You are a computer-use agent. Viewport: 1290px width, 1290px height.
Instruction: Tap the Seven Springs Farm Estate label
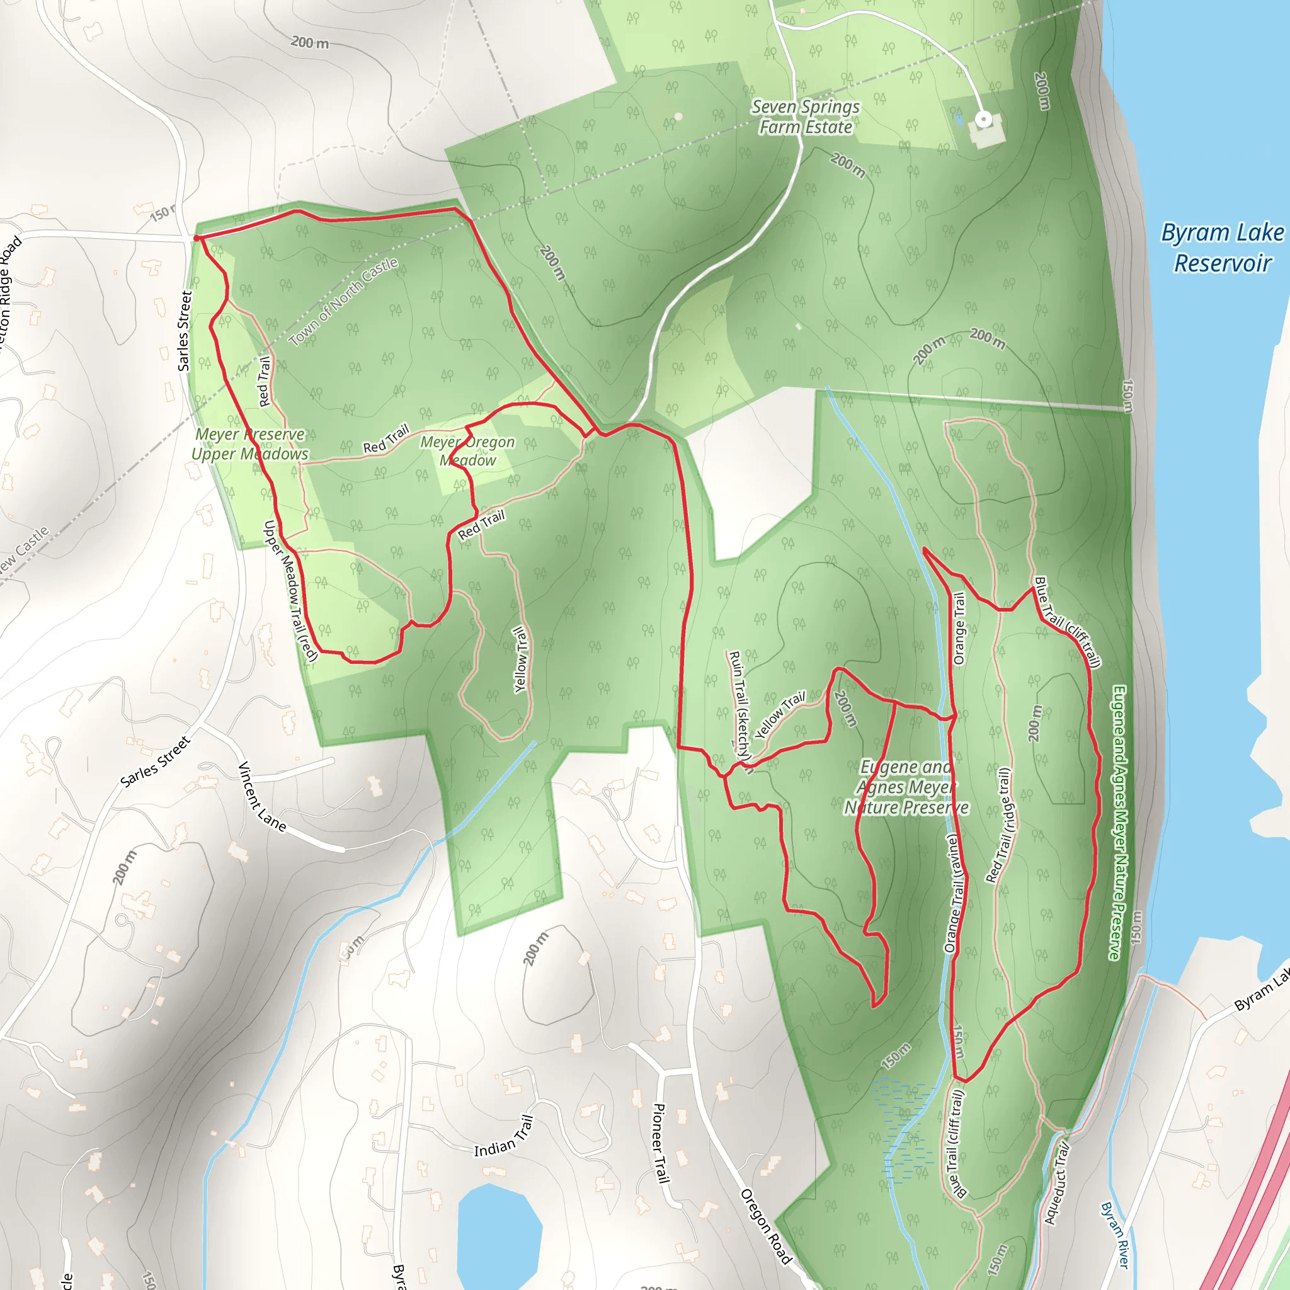805,117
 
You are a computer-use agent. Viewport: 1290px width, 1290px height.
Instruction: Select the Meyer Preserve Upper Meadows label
249,444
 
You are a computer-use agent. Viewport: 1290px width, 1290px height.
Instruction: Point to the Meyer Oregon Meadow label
467,451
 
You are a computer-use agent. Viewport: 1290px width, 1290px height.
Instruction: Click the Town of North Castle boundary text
343,302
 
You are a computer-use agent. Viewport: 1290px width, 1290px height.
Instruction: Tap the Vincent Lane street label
262,796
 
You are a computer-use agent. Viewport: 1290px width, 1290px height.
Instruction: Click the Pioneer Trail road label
659,1143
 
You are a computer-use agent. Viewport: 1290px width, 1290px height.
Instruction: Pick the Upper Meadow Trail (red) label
290,591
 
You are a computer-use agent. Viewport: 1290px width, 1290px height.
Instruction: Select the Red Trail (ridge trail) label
1000,825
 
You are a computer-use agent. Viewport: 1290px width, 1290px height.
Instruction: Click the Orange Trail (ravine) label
952,893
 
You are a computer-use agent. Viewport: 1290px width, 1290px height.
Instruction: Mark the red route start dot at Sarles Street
197,237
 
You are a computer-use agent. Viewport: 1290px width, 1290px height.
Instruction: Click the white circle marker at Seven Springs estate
983,120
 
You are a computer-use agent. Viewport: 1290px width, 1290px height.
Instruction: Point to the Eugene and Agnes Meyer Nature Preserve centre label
906,787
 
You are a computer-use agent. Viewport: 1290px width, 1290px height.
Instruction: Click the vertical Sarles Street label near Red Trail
185,331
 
